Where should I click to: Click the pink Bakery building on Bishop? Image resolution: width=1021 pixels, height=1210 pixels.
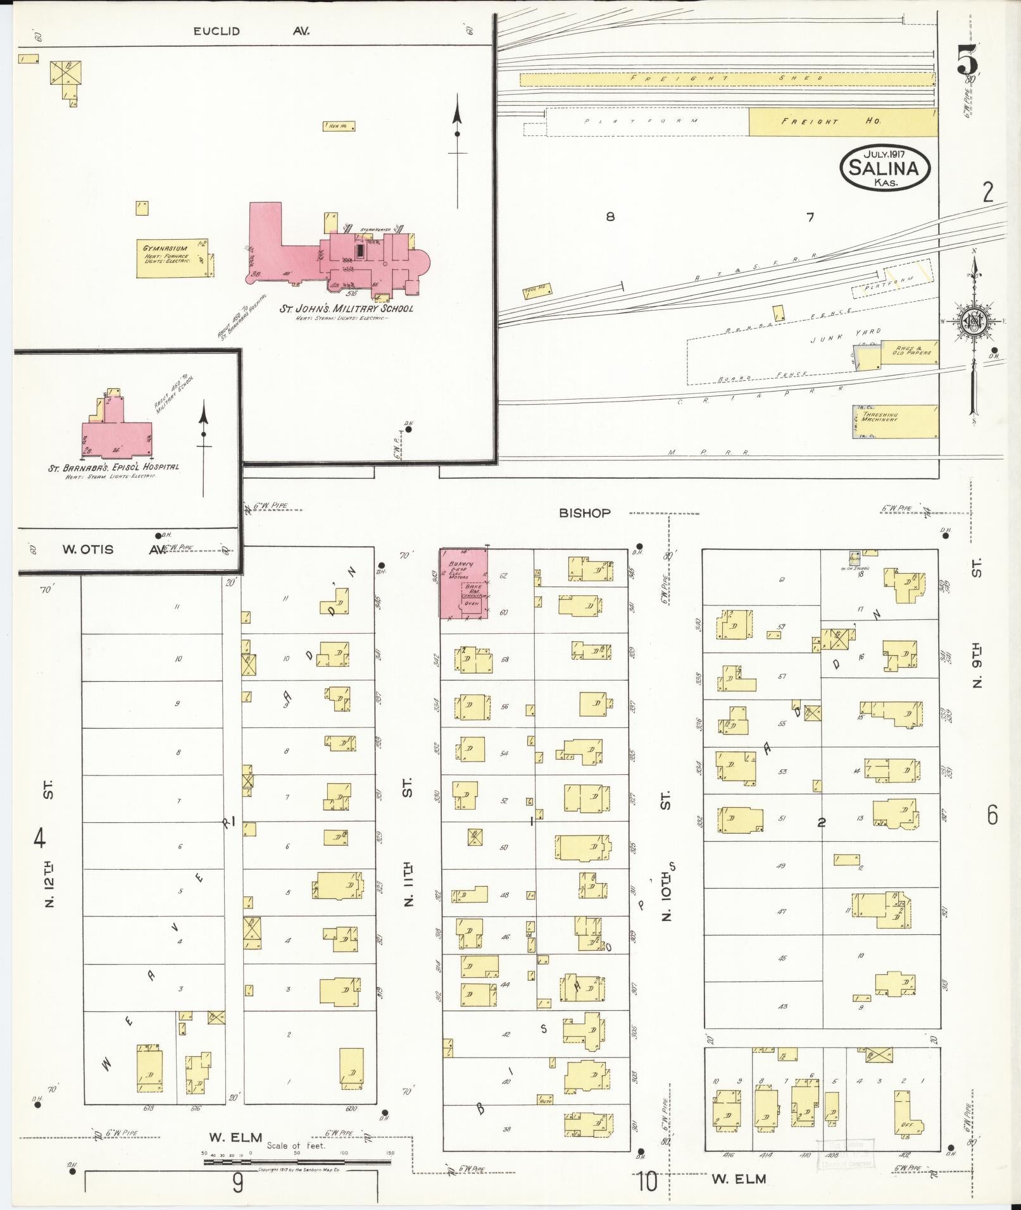click(x=463, y=583)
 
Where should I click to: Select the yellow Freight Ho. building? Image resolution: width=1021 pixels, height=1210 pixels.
click(x=842, y=121)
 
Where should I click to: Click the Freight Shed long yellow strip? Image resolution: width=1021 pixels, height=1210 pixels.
click(x=727, y=79)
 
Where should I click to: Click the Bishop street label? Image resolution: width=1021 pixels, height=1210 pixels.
click(x=584, y=513)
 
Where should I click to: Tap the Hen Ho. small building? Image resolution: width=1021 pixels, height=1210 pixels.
click(x=339, y=126)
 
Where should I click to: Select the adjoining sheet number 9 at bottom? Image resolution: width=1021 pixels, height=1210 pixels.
click(x=237, y=1182)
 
